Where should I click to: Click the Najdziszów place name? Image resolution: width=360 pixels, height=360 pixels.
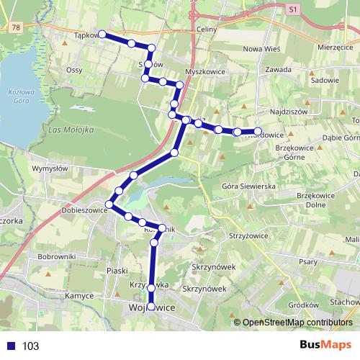pyautogui.click(x=287, y=112)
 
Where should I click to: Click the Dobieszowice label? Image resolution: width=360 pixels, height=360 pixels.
pyautogui.click(x=84, y=210)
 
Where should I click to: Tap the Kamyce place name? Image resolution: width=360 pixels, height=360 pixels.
pyautogui.click(x=78, y=296)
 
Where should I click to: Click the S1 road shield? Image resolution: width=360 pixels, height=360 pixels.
pyautogui.click(x=292, y=10)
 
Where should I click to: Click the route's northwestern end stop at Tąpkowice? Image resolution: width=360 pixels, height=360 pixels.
pyautogui.click(x=102, y=34)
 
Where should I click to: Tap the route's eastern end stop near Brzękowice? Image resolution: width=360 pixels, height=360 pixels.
pyautogui.click(x=257, y=131)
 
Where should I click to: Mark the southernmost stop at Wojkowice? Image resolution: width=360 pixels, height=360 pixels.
pyautogui.click(x=151, y=307)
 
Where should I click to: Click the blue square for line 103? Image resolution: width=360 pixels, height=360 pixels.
pyautogui.click(x=9, y=346)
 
